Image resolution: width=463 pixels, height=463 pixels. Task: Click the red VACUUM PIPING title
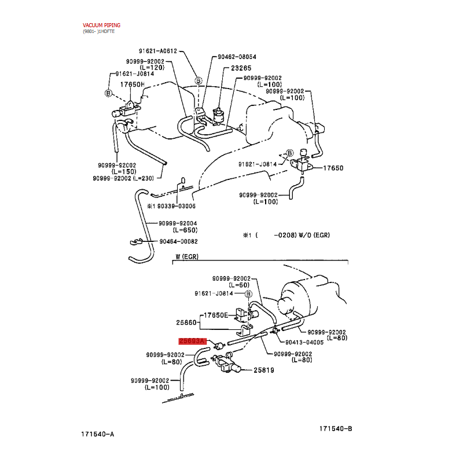click(x=101, y=25)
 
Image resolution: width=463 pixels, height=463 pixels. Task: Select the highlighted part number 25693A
click(x=192, y=341)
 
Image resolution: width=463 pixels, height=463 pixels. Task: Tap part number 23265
click(x=241, y=68)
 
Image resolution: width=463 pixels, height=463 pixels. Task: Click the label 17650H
click(x=132, y=84)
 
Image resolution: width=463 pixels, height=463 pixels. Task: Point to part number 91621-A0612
click(x=157, y=51)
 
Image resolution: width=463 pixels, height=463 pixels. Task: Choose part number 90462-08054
click(x=237, y=57)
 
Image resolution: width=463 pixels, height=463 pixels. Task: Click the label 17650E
click(x=216, y=315)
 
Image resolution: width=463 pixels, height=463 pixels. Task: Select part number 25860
click(x=186, y=322)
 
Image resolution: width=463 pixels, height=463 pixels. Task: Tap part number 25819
click(x=264, y=370)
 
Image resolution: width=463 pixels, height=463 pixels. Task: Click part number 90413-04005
click(x=304, y=343)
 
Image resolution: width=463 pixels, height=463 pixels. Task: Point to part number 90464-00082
click(x=178, y=241)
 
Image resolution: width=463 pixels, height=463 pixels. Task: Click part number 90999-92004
click(x=178, y=223)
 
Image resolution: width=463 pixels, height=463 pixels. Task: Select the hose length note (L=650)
click(x=185, y=230)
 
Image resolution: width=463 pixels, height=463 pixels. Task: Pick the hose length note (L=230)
click(x=143, y=178)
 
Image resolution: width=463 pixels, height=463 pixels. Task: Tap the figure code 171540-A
click(x=97, y=434)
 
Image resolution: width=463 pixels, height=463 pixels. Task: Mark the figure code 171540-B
click(x=336, y=428)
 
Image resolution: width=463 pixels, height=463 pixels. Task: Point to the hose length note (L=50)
click(x=239, y=285)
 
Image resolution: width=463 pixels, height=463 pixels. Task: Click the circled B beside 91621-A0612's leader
click(x=199, y=80)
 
